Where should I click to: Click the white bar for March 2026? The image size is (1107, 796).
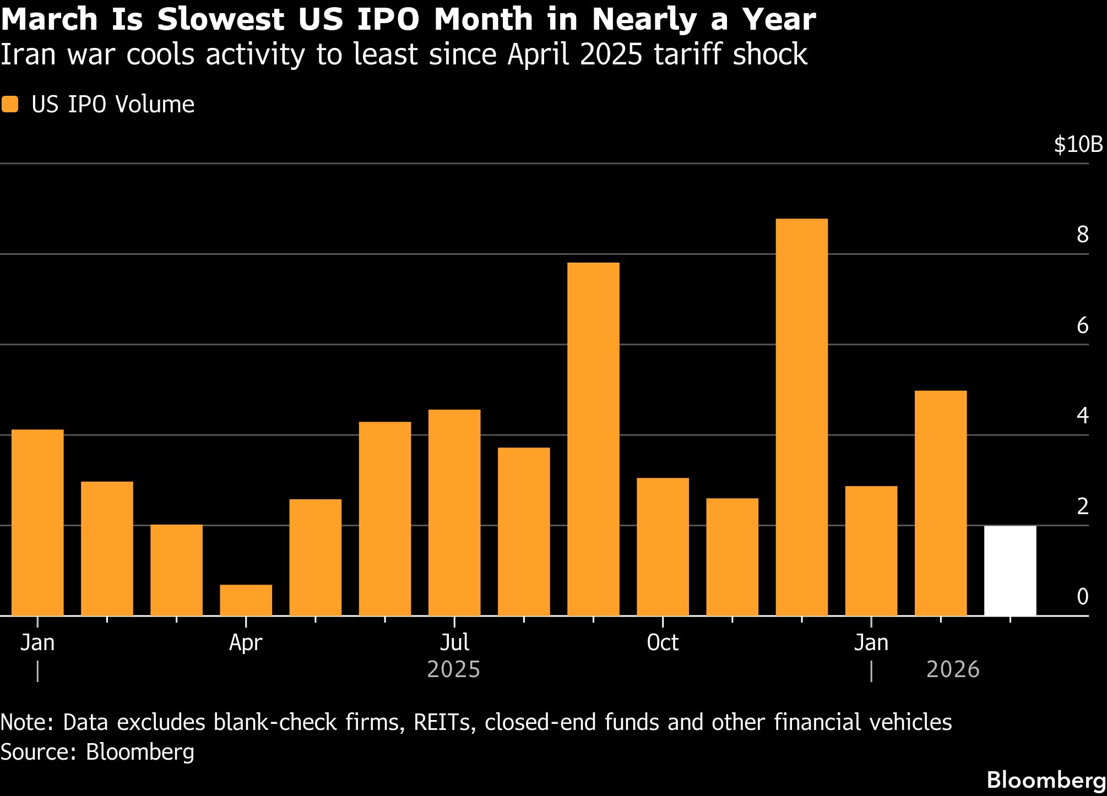1010,571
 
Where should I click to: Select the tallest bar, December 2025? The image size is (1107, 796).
801,417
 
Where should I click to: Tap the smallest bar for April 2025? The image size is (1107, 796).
246,600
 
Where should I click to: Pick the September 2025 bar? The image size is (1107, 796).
593,439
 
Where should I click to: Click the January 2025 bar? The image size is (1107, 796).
37,522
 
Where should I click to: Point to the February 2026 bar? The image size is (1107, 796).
941,503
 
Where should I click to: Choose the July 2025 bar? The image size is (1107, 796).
454,513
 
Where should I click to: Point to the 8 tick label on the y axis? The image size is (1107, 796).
1082,235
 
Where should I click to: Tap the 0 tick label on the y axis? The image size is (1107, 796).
1082,597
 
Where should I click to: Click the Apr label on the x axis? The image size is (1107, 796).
246,642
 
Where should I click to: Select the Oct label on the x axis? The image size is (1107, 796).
663,642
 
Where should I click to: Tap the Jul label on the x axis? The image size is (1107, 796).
454,642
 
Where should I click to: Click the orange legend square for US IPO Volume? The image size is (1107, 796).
10,105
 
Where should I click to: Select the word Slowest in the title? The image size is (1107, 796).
220,20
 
